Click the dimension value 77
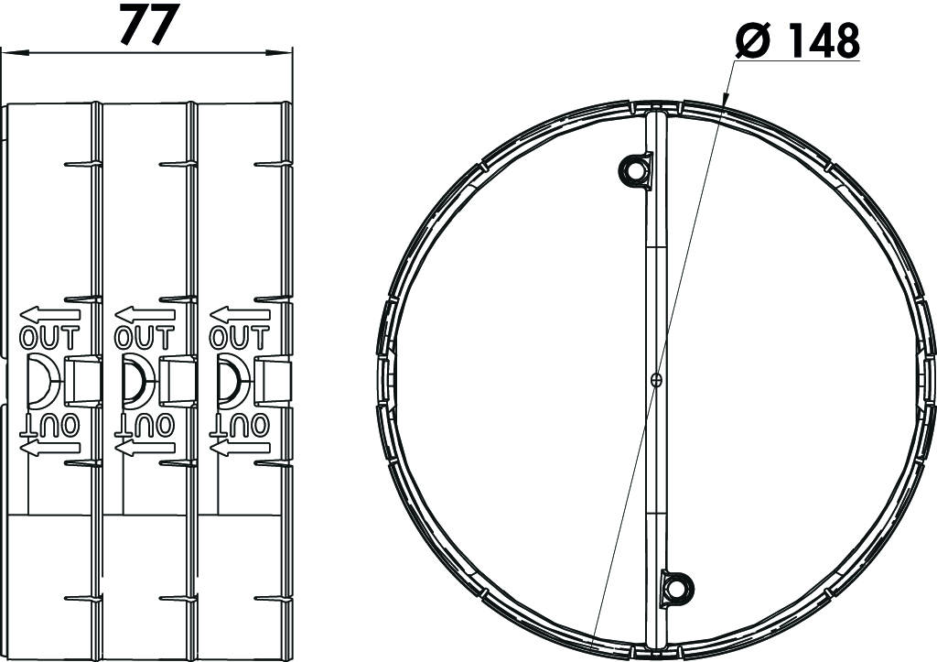150,24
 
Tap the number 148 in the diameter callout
824,40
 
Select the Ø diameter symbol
755,40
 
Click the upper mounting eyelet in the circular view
636,169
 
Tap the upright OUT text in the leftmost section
49,337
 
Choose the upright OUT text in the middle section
144,337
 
